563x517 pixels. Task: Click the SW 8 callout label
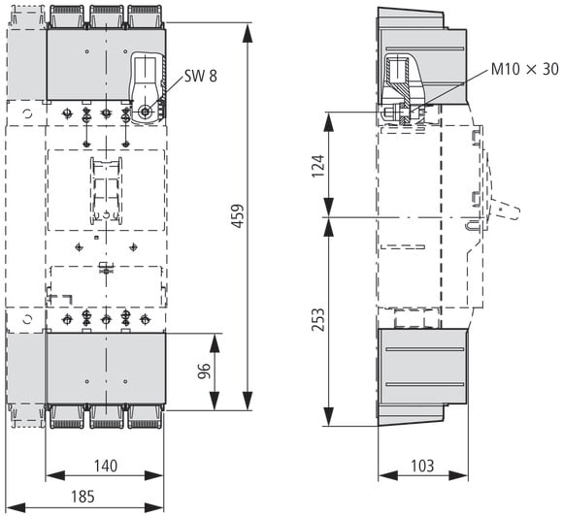[x=201, y=76]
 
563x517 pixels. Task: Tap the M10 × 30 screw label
[x=524, y=69]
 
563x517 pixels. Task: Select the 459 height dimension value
[x=238, y=216]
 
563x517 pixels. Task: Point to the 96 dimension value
[x=204, y=371]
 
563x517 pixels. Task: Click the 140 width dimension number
[x=106, y=466]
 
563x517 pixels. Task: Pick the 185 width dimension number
[x=83, y=497]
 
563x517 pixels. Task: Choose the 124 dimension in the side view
[x=317, y=166]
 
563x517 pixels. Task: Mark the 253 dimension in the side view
[x=317, y=320]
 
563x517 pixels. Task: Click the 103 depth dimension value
[x=422, y=466]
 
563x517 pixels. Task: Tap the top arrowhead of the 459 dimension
[x=248, y=32]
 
